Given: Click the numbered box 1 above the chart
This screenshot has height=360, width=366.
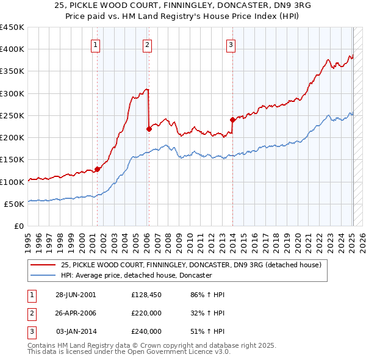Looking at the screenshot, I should pos(96,44).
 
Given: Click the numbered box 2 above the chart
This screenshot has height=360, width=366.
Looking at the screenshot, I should pos(148,44).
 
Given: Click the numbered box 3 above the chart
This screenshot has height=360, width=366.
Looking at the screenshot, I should pos(231,44).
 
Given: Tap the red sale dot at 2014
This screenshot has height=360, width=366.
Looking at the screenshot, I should pos(232,120).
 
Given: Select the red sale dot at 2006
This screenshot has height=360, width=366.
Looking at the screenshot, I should pos(149,128).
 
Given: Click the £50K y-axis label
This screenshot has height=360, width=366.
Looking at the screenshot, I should pos(14,204).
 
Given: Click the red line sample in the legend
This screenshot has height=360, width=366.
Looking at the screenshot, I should pos(44,265).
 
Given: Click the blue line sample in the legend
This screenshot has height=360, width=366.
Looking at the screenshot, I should pos(44,275).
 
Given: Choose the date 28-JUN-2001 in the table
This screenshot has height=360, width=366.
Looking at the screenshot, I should pos(76,295).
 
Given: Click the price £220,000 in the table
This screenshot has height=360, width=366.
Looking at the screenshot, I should pos(146,313).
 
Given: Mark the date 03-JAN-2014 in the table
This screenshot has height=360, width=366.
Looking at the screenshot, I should pos(76,331).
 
